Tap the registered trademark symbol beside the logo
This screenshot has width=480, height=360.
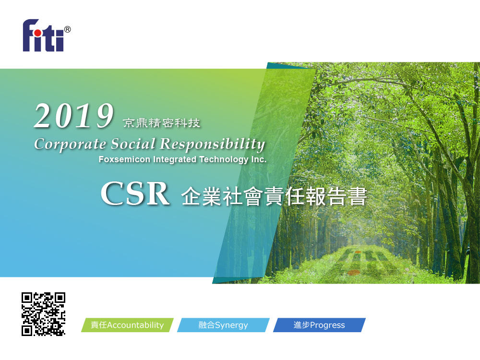(67, 29)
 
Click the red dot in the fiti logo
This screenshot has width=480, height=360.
(37, 33)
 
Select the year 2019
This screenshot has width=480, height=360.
(74, 116)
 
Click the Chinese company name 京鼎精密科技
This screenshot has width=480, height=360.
(161, 123)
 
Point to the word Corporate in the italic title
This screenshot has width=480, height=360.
(70, 144)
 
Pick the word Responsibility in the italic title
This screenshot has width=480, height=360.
(213, 144)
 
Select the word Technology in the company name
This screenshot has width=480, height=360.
(224, 159)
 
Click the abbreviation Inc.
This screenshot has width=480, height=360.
(259, 159)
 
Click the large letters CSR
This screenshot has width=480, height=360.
(135, 194)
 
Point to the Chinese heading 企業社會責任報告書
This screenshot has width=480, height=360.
(274, 196)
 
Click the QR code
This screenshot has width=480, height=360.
(44, 314)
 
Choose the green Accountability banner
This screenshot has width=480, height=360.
(127, 325)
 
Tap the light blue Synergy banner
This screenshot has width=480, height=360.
(223, 325)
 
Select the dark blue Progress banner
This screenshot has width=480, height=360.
(319, 325)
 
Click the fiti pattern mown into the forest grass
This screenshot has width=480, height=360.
(364, 261)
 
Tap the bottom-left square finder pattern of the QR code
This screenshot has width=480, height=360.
(26, 331)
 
